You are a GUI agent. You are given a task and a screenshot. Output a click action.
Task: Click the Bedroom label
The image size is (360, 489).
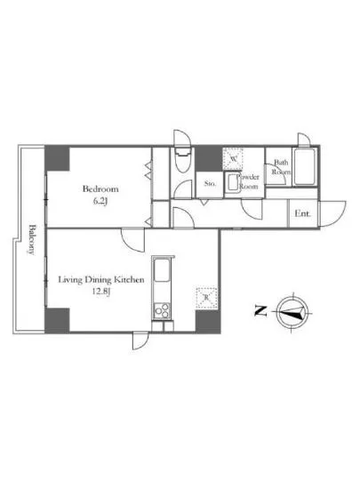coord(100,189)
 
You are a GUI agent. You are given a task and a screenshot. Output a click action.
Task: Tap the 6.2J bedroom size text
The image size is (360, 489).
coord(100,201)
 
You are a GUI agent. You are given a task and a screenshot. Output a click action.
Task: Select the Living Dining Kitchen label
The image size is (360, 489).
coord(101,280)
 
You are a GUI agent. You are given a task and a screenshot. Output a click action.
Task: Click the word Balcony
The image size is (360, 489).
coord(32,238)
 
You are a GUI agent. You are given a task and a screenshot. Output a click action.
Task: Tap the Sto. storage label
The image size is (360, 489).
coord(210,184)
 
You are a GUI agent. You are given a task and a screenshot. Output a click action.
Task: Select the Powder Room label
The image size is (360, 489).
coord(247,182)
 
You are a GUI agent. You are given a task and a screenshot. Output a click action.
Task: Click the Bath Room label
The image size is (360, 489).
coord(281,168)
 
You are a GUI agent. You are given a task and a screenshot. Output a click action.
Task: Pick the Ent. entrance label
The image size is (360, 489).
coord(302,213)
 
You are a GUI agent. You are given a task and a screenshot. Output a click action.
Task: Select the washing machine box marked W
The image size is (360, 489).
coord(234,158)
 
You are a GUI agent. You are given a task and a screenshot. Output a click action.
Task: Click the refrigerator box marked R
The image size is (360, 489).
coord(207,300)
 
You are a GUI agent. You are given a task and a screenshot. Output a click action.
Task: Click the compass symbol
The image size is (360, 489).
coord(292,311)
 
